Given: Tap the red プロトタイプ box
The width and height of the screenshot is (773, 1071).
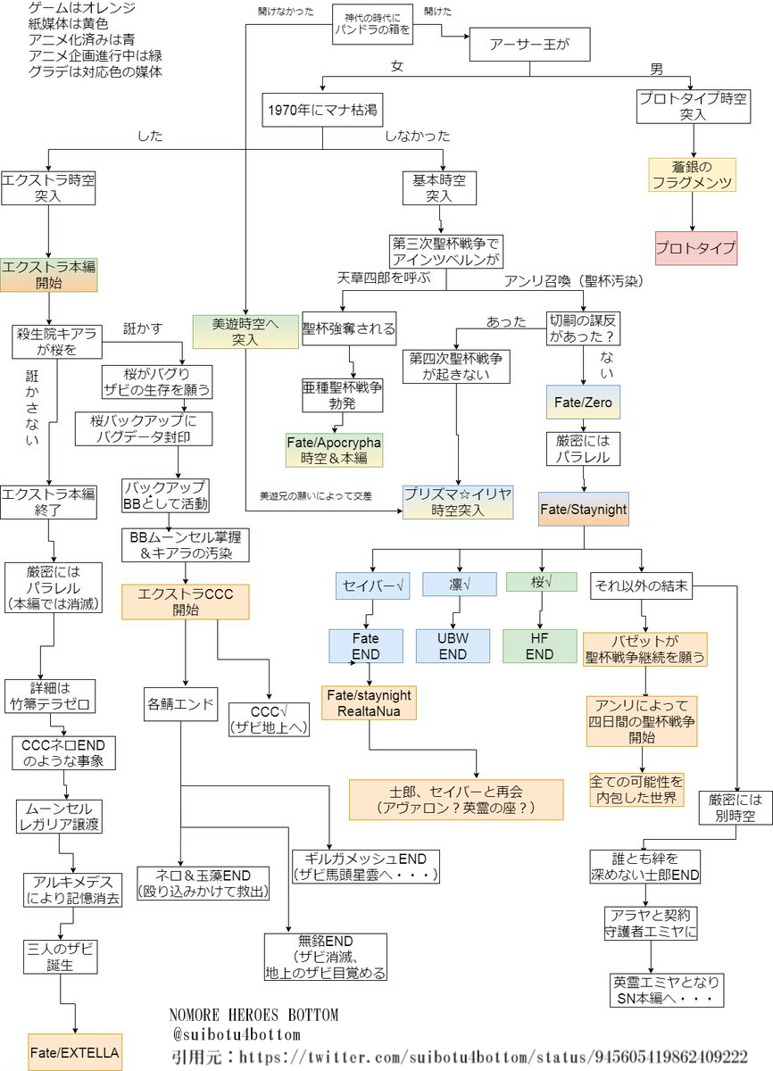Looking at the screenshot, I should [696, 247].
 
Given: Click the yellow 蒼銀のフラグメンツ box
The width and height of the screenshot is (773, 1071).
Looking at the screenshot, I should [692, 176].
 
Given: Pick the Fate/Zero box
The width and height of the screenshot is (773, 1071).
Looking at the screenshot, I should [583, 403].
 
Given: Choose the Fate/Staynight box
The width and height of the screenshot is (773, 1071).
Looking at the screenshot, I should [584, 510].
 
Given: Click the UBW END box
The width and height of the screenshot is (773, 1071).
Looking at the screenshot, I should [453, 646].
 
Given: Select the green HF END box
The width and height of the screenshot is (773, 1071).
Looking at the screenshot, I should [539, 646].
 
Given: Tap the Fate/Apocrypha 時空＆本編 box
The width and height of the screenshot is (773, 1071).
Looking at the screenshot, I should [334, 450].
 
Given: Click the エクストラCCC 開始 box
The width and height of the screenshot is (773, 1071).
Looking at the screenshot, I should [186, 602].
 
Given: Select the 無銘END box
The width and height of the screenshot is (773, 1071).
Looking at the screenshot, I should [326, 957].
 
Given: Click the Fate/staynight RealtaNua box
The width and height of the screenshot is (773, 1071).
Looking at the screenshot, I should [370, 703].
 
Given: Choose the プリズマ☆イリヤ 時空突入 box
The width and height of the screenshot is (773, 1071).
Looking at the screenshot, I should [458, 502].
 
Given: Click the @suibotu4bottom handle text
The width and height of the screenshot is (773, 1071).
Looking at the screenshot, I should [236, 1034].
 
